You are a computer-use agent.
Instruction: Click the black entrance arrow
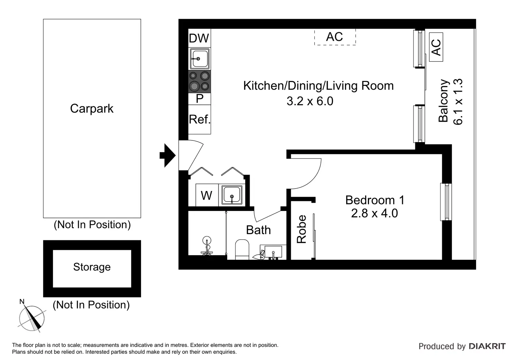(x=168, y=156)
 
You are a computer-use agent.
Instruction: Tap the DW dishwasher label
(x=199, y=38)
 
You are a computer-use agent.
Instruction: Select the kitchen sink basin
(x=200, y=59)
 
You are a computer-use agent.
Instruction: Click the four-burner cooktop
(x=200, y=81)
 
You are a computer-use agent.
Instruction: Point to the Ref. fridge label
(x=200, y=119)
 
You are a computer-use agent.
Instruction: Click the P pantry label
(x=200, y=99)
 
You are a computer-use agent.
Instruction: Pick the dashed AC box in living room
(x=335, y=37)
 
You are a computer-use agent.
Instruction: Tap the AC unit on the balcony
(x=436, y=47)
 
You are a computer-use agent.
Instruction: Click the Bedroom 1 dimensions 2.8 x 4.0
(x=374, y=213)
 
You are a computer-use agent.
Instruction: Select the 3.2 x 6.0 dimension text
(x=310, y=101)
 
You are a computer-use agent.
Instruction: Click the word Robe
(x=302, y=229)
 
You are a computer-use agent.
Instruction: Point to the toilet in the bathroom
(x=242, y=249)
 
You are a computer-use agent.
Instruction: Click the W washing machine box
(x=207, y=195)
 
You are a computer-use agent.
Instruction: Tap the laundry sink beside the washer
(x=232, y=195)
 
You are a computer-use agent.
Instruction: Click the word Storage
(x=92, y=267)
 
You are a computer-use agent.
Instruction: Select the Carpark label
(x=92, y=108)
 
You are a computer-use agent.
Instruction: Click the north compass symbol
(x=31, y=318)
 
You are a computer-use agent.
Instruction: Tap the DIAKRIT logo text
(x=487, y=346)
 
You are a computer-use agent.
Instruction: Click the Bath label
(x=258, y=230)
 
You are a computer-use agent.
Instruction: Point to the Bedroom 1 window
(x=446, y=202)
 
